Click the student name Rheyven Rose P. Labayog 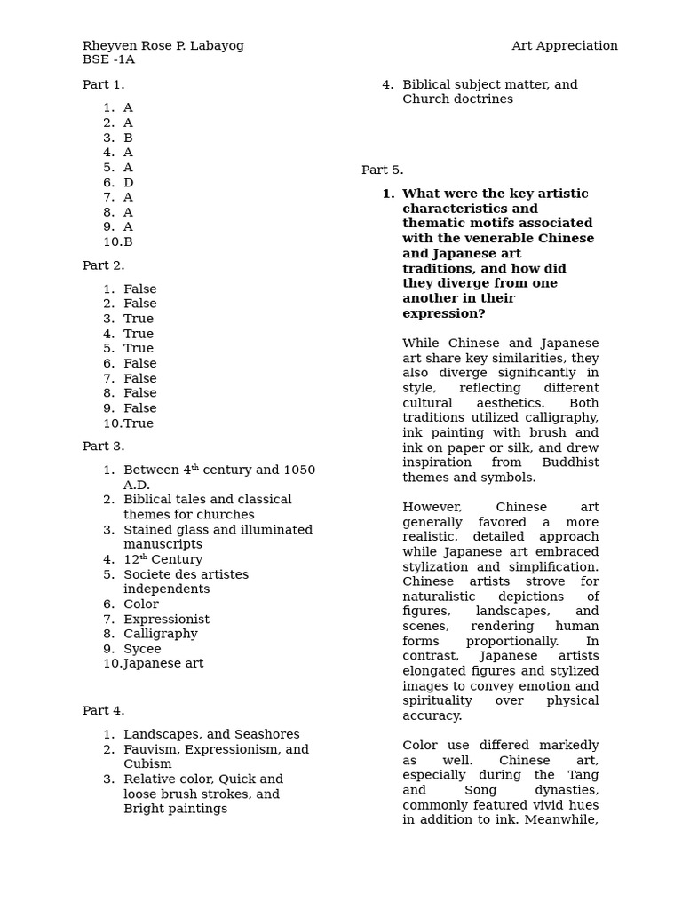163,46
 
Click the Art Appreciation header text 564,46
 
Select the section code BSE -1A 108,59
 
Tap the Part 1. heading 104,85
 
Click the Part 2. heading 104,265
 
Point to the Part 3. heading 104,447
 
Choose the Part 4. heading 104,711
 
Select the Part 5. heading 383,170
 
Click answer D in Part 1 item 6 129,183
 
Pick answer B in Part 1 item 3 128,138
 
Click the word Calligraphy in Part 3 160,635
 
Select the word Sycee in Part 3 142,650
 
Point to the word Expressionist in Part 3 166,620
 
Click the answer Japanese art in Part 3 163,664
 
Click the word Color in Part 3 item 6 141,605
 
